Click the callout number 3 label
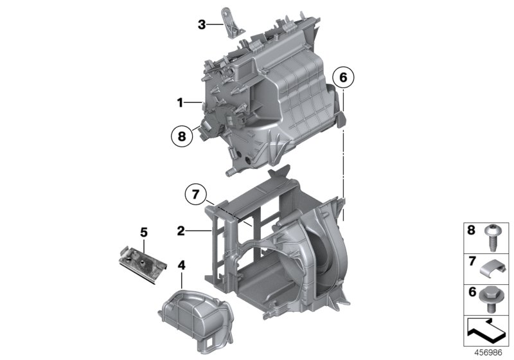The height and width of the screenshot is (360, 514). pyautogui.click(x=202, y=25)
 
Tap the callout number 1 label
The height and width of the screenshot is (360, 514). pyautogui.click(x=181, y=102)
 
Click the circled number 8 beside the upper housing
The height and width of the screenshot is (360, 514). pyautogui.click(x=182, y=136)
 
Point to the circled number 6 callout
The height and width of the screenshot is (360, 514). pyautogui.click(x=343, y=78)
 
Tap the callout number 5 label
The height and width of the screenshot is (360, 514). pyautogui.click(x=145, y=230)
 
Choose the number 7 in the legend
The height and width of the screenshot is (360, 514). pyautogui.click(x=471, y=262)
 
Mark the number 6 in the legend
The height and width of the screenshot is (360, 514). pyautogui.click(x=471, y=292)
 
